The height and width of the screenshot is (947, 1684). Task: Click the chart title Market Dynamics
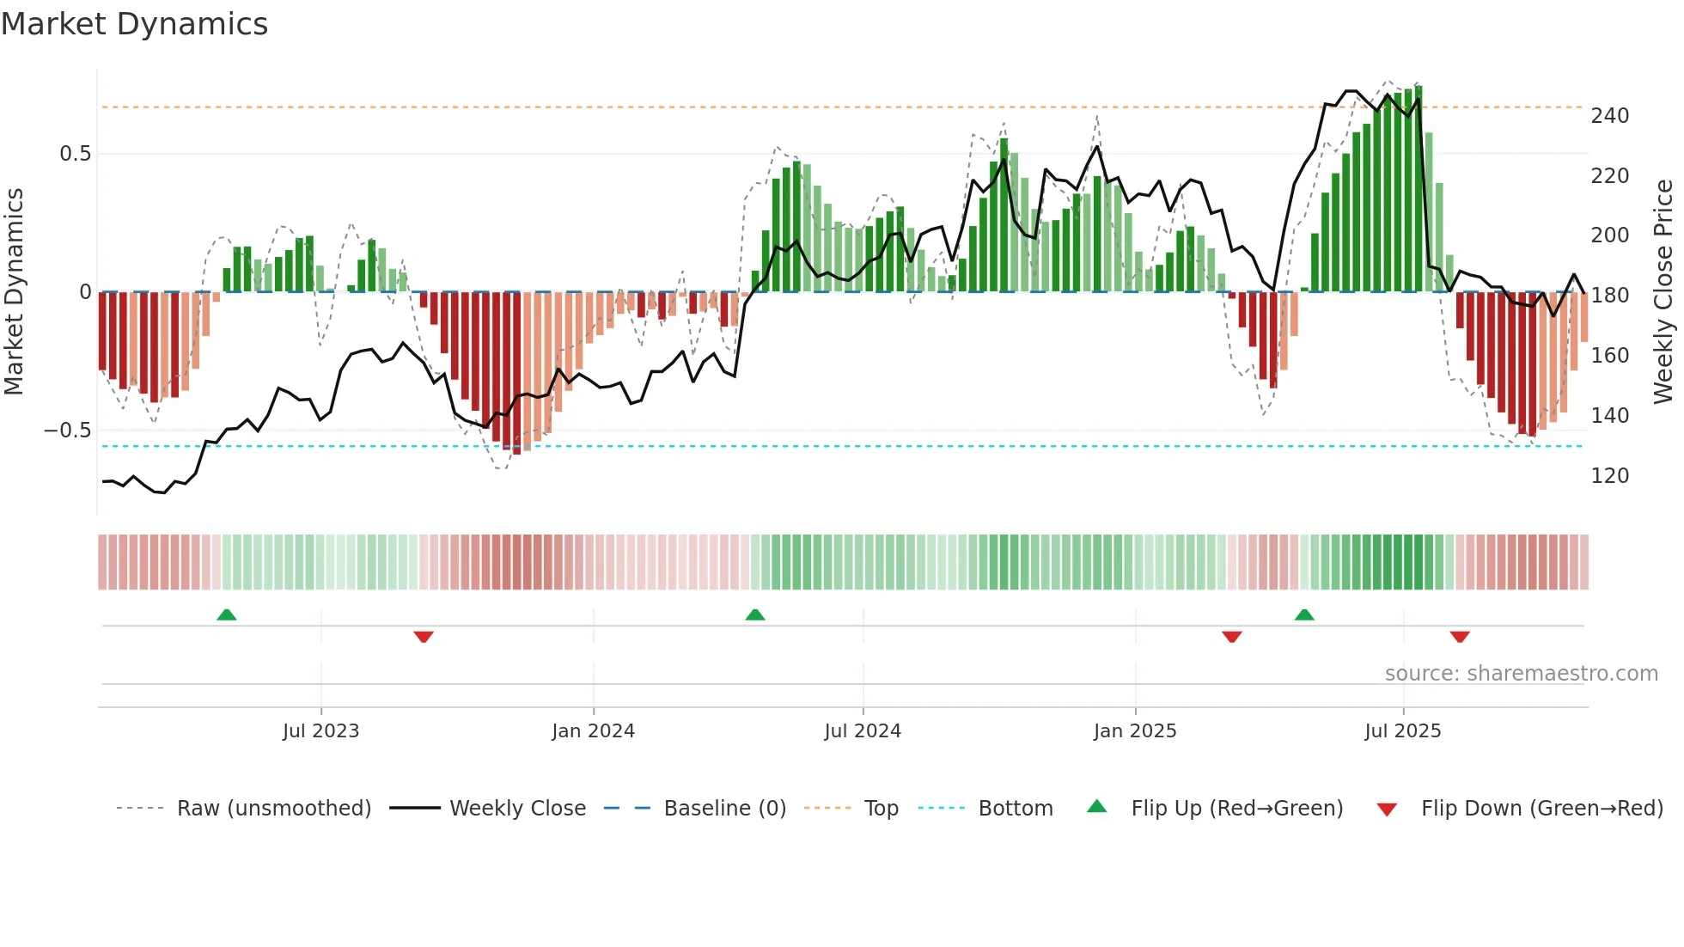click(134, 24)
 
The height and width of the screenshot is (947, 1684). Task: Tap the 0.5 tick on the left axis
click(75, 154)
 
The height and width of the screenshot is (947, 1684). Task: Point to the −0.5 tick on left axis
click(68, 430)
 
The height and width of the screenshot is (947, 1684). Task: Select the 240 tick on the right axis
click(1609, 116)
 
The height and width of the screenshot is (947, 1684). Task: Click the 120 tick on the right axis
click(1609, 475)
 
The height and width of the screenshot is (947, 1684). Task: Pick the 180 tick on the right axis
click(1609, 296)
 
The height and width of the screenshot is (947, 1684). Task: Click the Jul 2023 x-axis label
click(320, 731)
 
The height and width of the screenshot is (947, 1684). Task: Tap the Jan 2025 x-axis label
click(1134, 731)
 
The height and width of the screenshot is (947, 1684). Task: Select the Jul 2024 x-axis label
click(862, 731)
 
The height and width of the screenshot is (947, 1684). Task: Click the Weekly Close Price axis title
click(1663, 291)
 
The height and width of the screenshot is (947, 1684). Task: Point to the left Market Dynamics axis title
click(14, 291)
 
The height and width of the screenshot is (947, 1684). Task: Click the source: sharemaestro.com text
click(1521, 674)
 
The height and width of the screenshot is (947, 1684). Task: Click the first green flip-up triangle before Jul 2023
click(227, 615)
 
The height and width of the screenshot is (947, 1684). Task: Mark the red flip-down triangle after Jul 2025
click(1460, 637)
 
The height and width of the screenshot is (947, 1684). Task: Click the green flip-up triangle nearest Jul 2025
click(1304, 615)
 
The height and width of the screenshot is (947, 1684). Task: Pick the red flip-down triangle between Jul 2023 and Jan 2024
click(424, 637)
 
